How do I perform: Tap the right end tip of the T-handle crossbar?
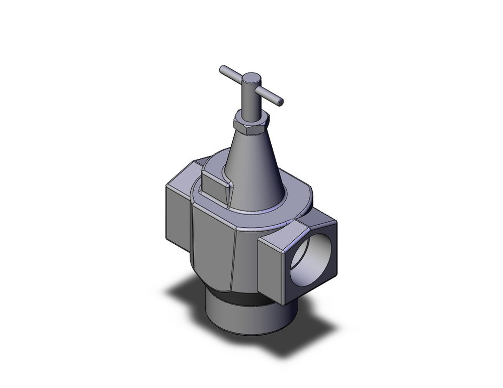point(281,102)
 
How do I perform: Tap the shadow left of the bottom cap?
point(189,297)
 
